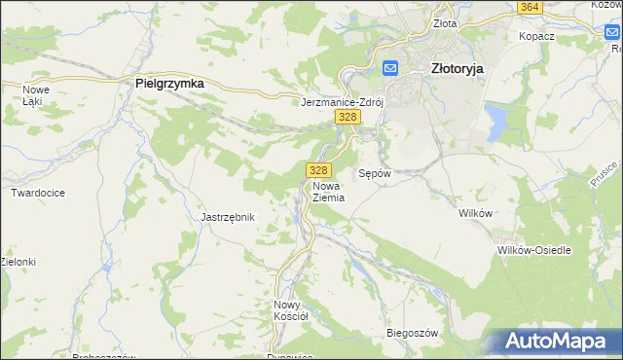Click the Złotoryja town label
coord(458,68)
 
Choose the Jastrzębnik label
coord(227,217)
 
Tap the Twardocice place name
coord(38,193)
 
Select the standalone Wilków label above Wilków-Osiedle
coord(477,212)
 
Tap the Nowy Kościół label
coord(290,309)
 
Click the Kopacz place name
coord(536,35)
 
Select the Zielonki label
coord(18,262)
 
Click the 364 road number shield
coord(530,7)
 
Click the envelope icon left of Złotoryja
coord(390,68)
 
